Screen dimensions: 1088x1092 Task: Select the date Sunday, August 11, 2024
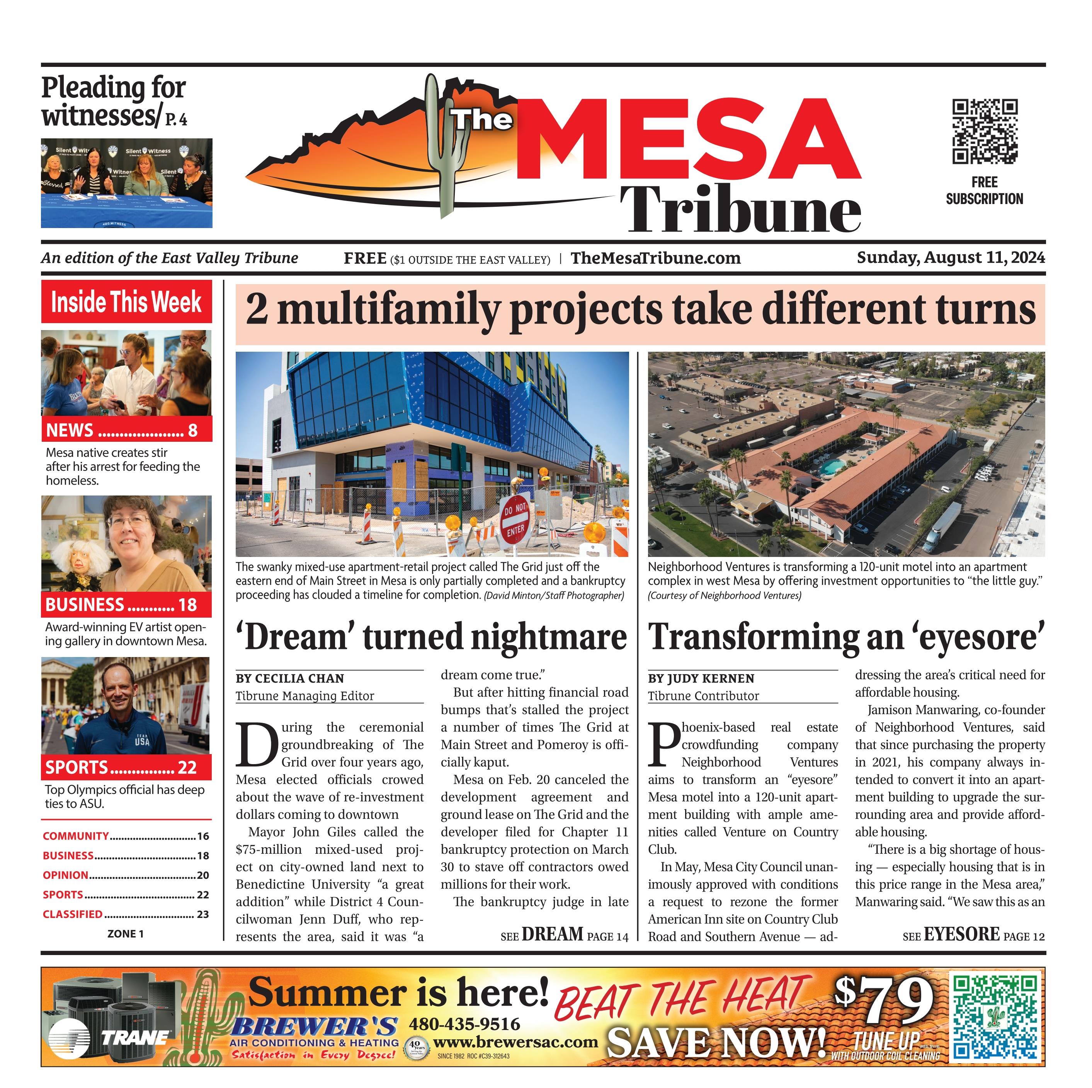(950, 258)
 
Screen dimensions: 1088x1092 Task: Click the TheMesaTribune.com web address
(655, 259)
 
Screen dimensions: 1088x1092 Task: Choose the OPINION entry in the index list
(66, 875)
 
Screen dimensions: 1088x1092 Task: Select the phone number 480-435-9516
(464, 1023)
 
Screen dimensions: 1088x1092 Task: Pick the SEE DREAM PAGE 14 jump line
(563, 935)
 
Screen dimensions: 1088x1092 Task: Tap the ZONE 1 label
(126, 934)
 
